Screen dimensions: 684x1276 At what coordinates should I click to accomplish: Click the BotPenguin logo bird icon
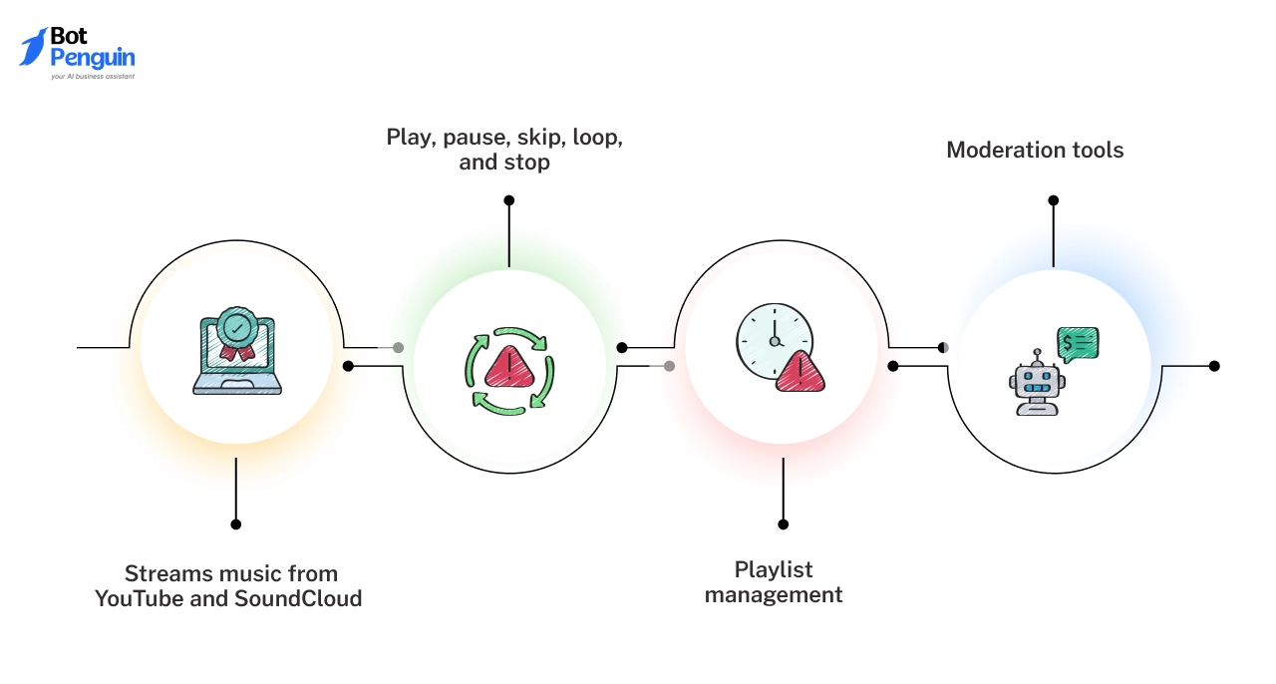33,47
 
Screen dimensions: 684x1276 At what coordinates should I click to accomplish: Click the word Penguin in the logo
93,57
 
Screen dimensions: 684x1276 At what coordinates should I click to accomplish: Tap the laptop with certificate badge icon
236,355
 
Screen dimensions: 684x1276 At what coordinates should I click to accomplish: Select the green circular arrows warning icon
509,369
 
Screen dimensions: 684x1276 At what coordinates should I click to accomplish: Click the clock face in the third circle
774,340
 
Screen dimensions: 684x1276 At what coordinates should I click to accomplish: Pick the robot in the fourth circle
1038,383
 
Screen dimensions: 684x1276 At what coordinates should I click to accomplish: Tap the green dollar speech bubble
1078,343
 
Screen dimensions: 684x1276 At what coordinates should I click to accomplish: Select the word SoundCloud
298,599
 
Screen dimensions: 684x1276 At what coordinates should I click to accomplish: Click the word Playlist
774,569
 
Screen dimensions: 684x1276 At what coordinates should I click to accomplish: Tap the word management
774,595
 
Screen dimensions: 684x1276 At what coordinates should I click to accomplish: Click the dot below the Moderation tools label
1053,200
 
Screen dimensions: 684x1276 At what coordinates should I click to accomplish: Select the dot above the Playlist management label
784,523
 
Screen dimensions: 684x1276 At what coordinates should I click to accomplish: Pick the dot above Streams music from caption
236,523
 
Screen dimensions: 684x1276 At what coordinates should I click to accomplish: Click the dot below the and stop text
508,200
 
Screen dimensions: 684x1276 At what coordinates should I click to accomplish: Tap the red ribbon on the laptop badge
236,351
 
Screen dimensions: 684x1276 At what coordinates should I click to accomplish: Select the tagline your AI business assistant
93,76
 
